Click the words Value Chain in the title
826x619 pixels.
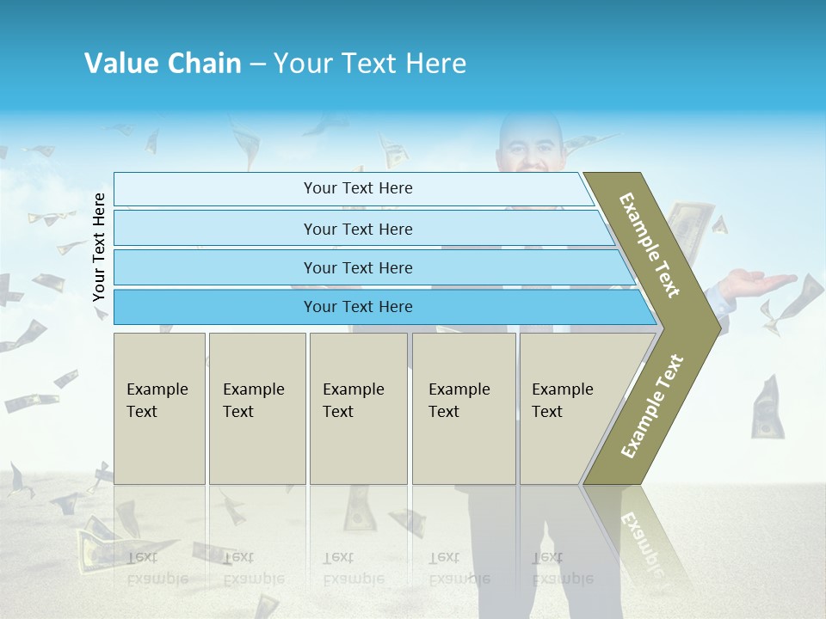click(163, 64)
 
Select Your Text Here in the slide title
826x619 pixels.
click(370, 64)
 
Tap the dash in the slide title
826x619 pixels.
click(257, 64)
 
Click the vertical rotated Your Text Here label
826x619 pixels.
click(100, 247)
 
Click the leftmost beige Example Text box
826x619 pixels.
click(159, 408)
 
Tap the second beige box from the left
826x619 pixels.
click(256, 408)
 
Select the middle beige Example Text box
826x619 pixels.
click(358, 408)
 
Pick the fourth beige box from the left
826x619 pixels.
click(464, 408)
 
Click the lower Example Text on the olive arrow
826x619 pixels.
click(652, 407)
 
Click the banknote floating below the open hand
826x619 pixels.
click(766, 408)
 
